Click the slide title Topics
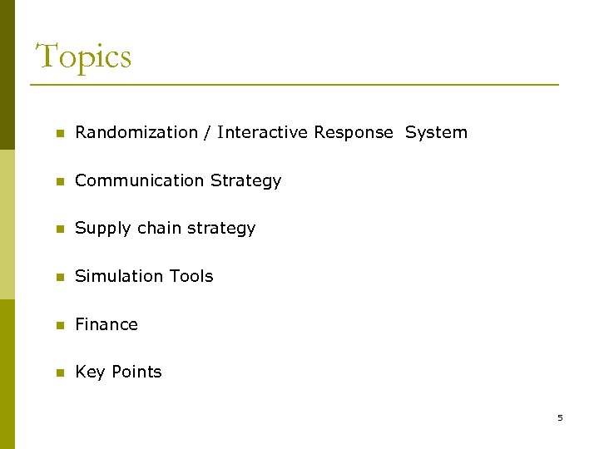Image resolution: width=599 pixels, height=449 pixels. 83,57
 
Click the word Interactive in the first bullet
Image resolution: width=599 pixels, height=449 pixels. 263,132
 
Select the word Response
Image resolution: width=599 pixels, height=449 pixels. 354,132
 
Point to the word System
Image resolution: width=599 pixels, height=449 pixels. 436,132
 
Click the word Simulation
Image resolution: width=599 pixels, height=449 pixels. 114,276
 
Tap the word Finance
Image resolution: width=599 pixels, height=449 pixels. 106,324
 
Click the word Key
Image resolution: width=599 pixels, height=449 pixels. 89,373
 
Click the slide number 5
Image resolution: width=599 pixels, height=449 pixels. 560,417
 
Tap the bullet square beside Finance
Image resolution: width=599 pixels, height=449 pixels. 59,325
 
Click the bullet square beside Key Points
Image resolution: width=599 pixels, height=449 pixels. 59,373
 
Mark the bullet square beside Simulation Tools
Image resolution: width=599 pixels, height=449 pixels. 59,277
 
